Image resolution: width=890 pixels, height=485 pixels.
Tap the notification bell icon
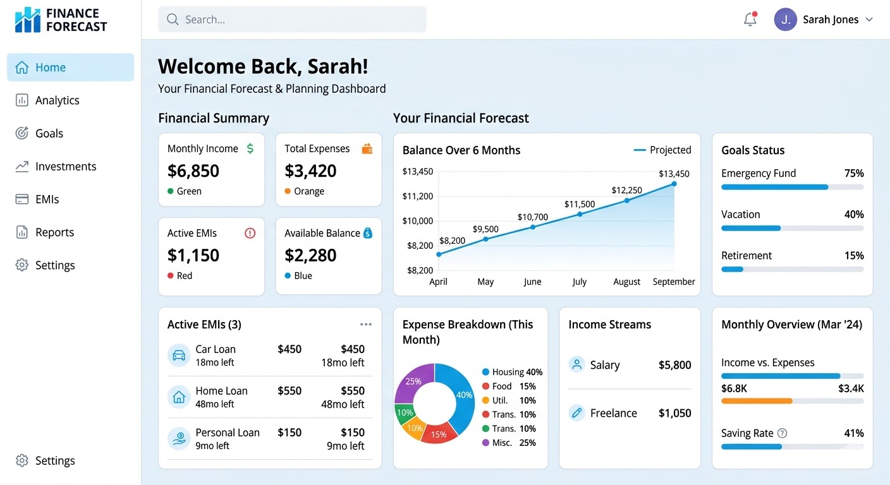750,20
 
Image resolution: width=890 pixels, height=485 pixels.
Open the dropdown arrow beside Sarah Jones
869,20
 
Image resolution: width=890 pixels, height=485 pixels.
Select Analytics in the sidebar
57,100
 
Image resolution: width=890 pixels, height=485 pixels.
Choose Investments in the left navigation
66,167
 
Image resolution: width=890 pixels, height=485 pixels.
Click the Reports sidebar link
54,232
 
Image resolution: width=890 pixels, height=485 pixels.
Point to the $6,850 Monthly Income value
193,171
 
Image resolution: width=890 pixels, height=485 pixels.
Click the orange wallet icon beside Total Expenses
367,149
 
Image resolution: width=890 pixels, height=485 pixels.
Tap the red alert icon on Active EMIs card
250,233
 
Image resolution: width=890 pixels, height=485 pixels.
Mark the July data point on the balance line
580,214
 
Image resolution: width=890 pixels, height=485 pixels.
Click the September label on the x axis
674,282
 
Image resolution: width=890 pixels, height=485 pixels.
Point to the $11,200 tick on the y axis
418,196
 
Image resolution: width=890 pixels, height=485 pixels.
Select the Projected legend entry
662,150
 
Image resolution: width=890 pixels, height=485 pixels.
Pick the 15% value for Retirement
854,256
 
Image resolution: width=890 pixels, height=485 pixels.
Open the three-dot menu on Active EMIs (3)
366,325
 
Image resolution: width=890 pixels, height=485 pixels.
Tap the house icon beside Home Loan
179,397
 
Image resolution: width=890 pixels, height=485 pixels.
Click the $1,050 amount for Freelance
674,414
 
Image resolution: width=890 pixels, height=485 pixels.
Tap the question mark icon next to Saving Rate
782,433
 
